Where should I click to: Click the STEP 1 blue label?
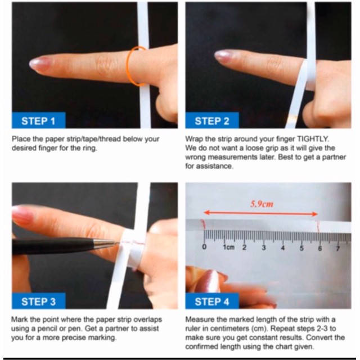tap(39, 120)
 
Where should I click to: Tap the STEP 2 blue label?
tap(212, 120)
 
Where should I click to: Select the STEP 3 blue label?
tap(39, 301)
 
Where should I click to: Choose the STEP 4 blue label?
tap(212, 301)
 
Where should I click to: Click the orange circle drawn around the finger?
tap(128, 66)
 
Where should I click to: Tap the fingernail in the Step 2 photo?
tap(222, 56)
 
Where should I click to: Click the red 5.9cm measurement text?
tap(262, 204)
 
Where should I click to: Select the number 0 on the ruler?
tap(204, 247)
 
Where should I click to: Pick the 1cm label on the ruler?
tap(229, 247)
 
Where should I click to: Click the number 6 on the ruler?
tap(320, 248)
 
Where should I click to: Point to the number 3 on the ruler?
tap(264, 247)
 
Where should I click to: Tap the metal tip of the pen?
tap(107, 242)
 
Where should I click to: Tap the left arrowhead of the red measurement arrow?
tap(206, 213)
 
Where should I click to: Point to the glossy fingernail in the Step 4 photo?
tap(209, 281)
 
